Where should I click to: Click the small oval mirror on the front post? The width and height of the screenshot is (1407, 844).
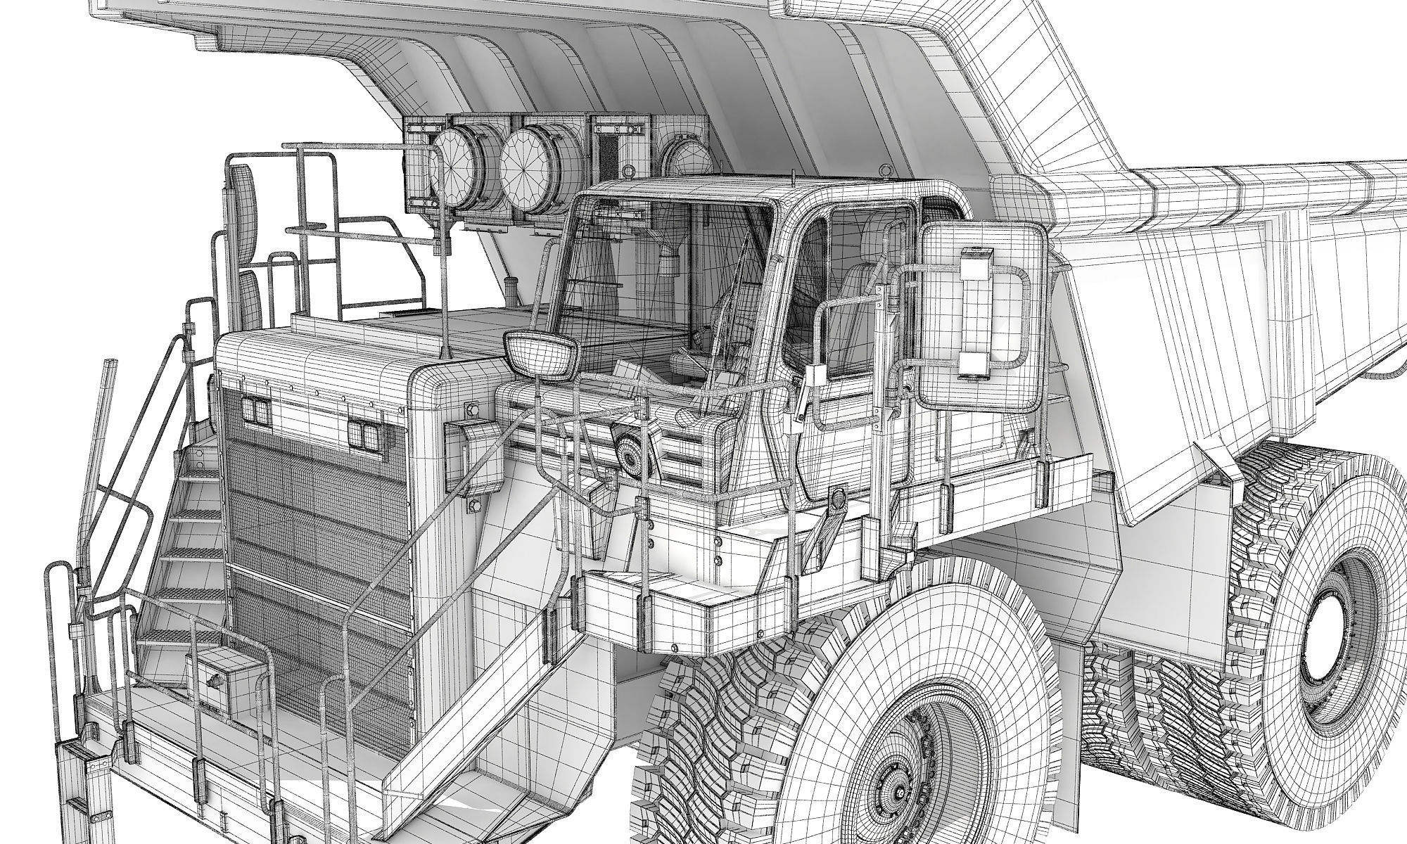pos(540,355)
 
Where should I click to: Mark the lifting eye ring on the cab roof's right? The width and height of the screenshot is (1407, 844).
pos(882,171)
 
